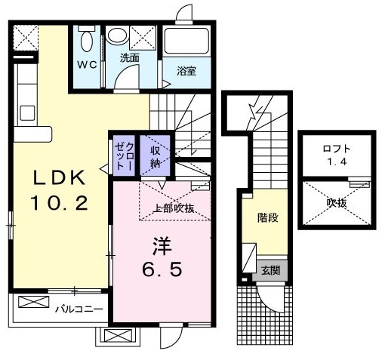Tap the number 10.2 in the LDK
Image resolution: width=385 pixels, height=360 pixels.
point(63,202)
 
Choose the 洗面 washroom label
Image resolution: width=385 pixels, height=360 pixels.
point(129,58)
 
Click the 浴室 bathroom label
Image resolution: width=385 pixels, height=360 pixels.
point(186,72)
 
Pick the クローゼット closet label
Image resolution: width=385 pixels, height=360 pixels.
point(125,154)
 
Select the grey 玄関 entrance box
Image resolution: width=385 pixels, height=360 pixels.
point(269,269)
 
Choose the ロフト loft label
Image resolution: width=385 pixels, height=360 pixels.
point(337,146)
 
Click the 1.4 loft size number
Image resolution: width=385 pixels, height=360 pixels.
point(337,161)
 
